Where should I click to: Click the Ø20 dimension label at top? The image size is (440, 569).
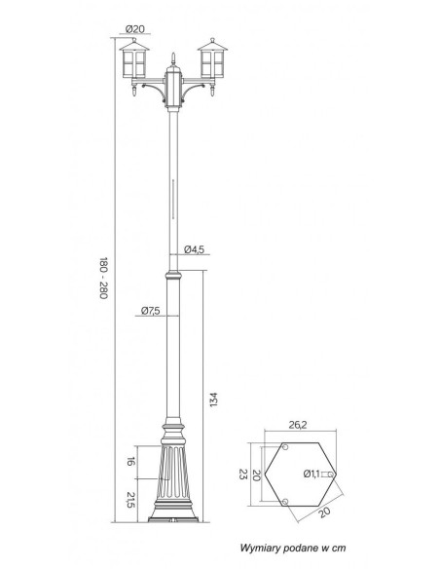[x=135, y=28]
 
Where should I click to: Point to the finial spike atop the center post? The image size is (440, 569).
[x=173, y=58]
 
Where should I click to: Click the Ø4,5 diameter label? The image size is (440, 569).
[x=195, y=249]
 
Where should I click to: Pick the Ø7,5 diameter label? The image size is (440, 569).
[x=151, y=311]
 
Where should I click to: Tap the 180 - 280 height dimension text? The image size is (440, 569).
[x=103, y=278]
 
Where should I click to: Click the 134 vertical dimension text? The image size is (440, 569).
[x=214, y=399]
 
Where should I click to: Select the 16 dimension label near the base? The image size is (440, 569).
[x=131, y=462]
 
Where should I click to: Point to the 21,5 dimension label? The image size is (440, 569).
[x=131, y=500]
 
